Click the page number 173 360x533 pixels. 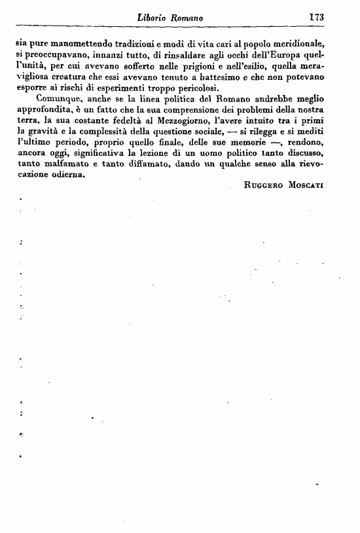pos(316,18)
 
